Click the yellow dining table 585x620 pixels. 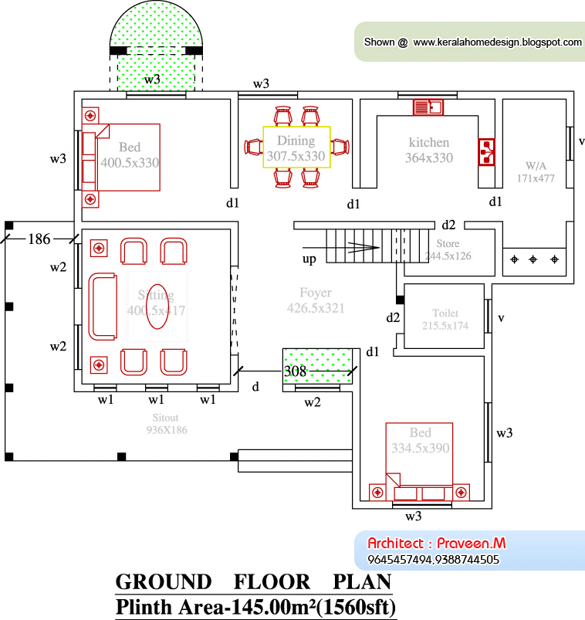pyautogui.click(x=297, y=147)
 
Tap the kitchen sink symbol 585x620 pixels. pyautogui.click(x=428, y=107)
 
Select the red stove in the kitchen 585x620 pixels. pyautogui.click(x=486, y=152)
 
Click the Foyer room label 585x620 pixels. pyautogui.click(x=316, y=300)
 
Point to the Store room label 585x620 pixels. pyautogui.click(x=448, y=249)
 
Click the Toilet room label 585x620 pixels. pyautogui.click(x=445, y=319)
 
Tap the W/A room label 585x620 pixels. pyautogui.click(x=536, y=172)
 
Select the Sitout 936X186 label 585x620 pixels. pyautogui.click(x=167, y=424)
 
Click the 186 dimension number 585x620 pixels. pyautogui.click(x=39, y=239)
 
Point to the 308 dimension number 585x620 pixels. pyautogui.click(x=295, y=371)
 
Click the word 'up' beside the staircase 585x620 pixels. pyautogui.click(x=309, y=259)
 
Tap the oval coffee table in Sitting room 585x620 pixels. pyautogui.click(x=157, y=307)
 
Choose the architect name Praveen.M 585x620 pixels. pyautogui.click(x=471, y=544)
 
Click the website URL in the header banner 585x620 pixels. pyautogui.click(x=497, y=42)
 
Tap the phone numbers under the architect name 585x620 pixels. pyautogui.click(x=433, y=560)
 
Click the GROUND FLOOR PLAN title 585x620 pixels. pyautogui.click(x=253, y=582)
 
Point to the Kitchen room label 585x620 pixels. pyautogui.click(x=429, y=150)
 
